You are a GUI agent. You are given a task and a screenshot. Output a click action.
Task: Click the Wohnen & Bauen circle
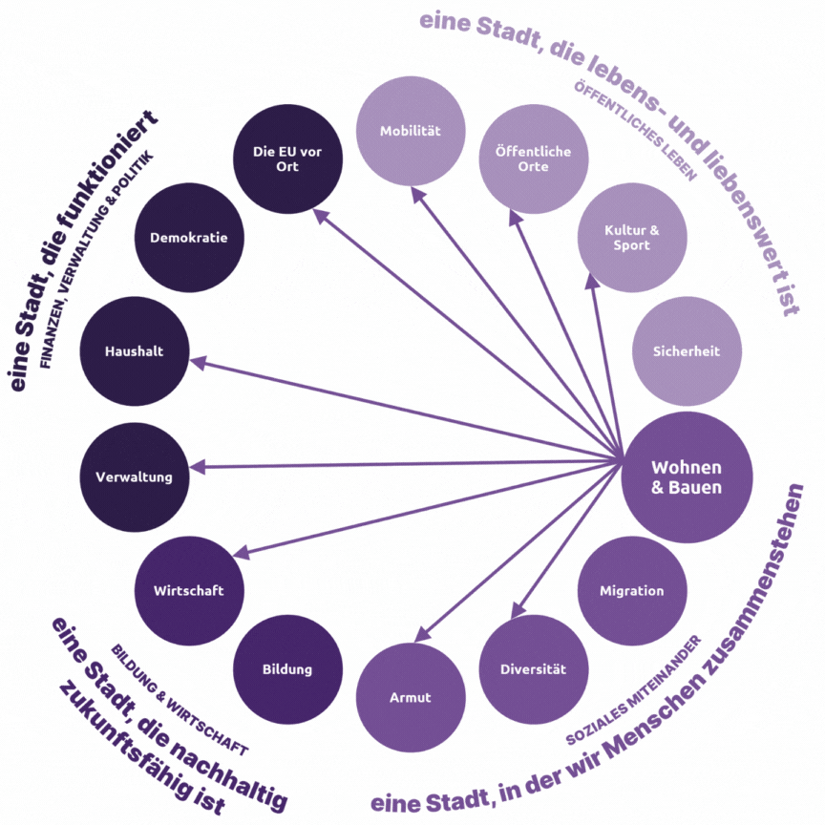click(687, 476)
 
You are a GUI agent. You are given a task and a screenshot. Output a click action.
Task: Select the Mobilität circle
click(410, 131)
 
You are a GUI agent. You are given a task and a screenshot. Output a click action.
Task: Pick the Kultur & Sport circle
click(632, 238)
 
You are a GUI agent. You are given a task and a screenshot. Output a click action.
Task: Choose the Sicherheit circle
click(685, 350)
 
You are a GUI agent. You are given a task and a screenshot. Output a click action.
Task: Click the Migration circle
click(631, 590)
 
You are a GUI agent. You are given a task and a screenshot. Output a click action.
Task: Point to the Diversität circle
click(533, 668)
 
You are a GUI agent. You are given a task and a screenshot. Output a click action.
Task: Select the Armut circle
click(410, 697)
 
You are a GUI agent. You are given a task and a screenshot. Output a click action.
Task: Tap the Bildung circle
click(287, 668)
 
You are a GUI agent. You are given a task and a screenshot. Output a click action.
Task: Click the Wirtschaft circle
click(189, 590)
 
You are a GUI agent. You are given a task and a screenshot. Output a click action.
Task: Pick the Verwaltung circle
click(134, 476)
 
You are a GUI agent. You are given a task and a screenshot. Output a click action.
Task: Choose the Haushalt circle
click(134, 350)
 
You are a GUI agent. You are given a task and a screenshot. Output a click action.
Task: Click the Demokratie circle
click(189, 238)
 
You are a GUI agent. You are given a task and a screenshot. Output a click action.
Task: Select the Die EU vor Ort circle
click(287, 159)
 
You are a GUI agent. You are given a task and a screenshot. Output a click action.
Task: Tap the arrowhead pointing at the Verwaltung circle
click(198, 468)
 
